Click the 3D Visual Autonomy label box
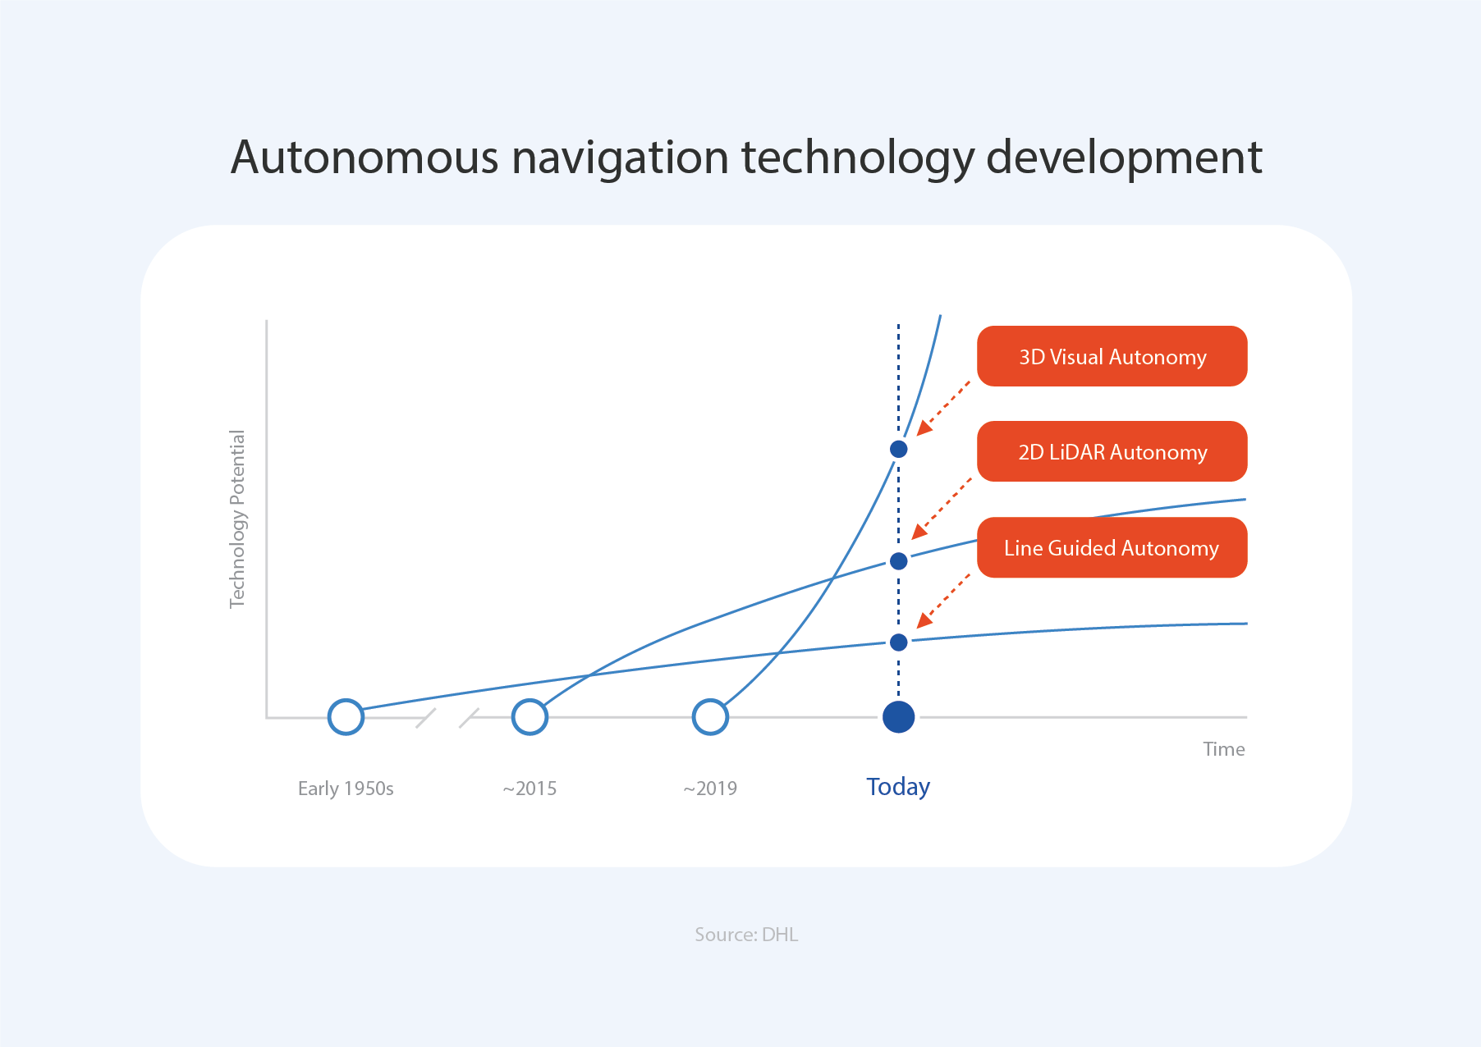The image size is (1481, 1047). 1112,356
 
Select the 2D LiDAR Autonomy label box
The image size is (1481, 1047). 1112,451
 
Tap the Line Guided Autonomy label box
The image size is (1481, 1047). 1112,547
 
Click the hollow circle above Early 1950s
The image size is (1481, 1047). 346,716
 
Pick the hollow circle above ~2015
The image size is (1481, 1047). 530,716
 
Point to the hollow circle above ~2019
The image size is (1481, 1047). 710,716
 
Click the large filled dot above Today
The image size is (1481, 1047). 898,716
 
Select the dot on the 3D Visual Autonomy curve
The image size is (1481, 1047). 898,449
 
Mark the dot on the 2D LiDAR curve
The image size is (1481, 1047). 898,561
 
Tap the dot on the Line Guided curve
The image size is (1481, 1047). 898,642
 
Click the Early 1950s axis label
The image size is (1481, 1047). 346,789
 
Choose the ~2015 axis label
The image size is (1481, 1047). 530,789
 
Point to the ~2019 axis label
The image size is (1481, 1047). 710,789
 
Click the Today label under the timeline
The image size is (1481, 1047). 898,787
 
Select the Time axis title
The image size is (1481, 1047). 1223,749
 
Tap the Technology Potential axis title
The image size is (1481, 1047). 237,519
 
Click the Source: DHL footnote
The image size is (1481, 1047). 746,935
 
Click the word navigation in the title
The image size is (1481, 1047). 620,158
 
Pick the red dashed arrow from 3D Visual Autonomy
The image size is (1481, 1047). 943,407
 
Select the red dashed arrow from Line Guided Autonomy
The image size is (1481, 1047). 943,601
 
